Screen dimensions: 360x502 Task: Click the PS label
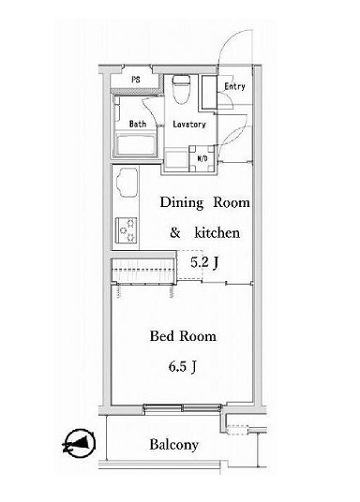point(136,79)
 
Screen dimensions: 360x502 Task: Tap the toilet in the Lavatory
point(181,89)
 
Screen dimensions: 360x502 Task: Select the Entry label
point(234,86)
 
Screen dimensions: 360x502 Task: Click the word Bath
point(138,124)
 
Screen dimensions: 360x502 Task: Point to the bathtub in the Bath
point(136,145)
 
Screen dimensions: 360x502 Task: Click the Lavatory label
point(189,125)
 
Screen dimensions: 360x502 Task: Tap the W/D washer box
point(202,158)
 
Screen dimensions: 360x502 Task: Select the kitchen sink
point(127,184)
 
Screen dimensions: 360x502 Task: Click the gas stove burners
point(127,229)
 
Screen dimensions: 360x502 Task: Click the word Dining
point(182,203)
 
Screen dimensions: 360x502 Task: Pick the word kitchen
point(217,233)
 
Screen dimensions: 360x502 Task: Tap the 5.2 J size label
point(205,262)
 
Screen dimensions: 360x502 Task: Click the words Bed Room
point(183,336)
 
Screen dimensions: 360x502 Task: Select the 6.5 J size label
point(183,366)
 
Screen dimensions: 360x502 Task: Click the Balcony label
point(173,445)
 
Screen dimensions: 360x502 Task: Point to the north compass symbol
point(80,443)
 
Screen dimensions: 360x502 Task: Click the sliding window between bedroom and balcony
point(182,408)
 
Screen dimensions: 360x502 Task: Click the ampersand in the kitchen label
point(174,233)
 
